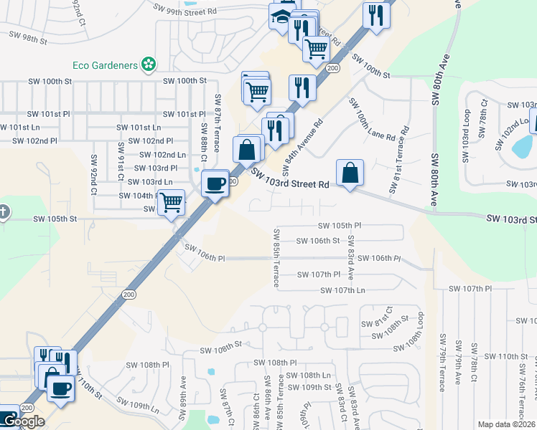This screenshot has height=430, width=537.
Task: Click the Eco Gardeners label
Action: pyautogui.click(x=105, y=65)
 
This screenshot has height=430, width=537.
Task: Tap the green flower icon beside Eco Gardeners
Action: pyautogui.click(x=149, y=65)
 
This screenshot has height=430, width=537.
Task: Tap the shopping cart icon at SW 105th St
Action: pyautogui.click(x=171, y=203)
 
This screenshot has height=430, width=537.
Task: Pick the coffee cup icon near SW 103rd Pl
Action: pyautogui.click(x=215, y=183)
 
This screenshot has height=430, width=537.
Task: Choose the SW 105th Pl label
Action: pyautogui.click(x=339, y=225)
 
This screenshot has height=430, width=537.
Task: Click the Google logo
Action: pyautogui.click(x=23, y=421)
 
